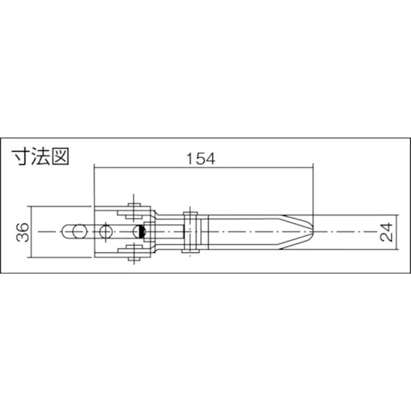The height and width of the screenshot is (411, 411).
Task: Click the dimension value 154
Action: click(201, 159)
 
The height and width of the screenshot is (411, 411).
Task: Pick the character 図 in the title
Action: click(58, 157)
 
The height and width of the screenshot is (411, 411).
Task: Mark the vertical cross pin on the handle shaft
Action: click(188, 232)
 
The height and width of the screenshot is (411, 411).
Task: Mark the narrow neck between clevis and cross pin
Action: click(169, 232)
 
